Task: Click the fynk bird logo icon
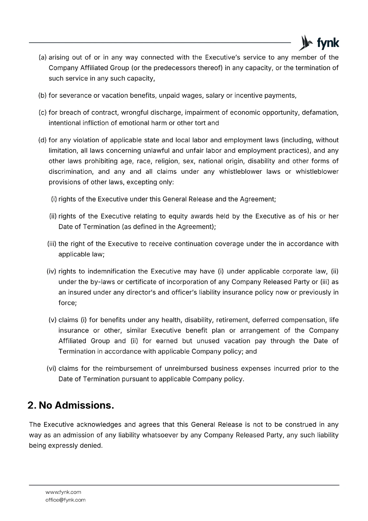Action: [x=305, y=43]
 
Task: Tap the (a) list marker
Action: [x=43, y=58]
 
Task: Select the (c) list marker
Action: [x=43, y=113]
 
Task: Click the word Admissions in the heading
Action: [x=84, y=405]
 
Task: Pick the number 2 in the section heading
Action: [x=31, y=405]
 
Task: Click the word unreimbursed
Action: [x=186, y=369]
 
